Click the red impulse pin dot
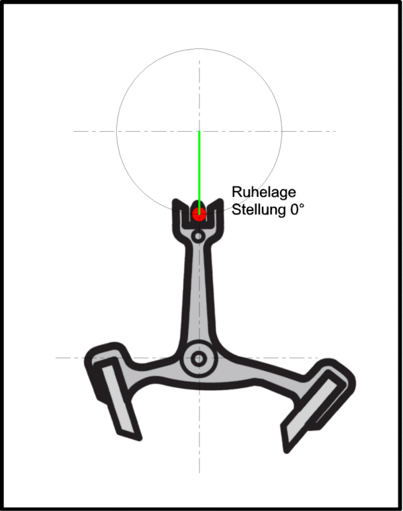199,214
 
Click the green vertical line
199,173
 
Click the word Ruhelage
264,192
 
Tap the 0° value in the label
297,209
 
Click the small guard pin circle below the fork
198,236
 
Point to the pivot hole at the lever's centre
198,359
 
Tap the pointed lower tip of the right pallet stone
287,452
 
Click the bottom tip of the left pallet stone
139,439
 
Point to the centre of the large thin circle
199,131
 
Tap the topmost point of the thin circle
199,49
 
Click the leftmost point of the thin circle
117,131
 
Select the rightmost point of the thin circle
282,131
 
